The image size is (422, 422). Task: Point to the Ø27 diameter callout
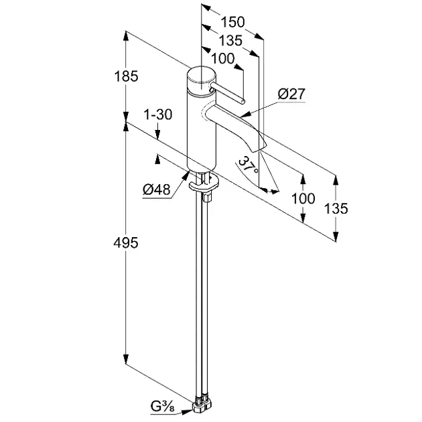tap(291, 94)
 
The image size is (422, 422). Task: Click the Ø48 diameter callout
tap(156, 190)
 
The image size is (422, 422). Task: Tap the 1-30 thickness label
tap(158, 115)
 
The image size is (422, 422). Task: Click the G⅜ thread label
tap(163, 406)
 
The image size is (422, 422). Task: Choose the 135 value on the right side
tap(336, 209)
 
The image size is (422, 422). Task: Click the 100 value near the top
tap(222, 58)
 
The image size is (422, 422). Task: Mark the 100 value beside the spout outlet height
tap(303, 199)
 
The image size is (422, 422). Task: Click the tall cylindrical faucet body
tap(201, 131)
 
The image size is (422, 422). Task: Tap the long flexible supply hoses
tap(200, 295)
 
